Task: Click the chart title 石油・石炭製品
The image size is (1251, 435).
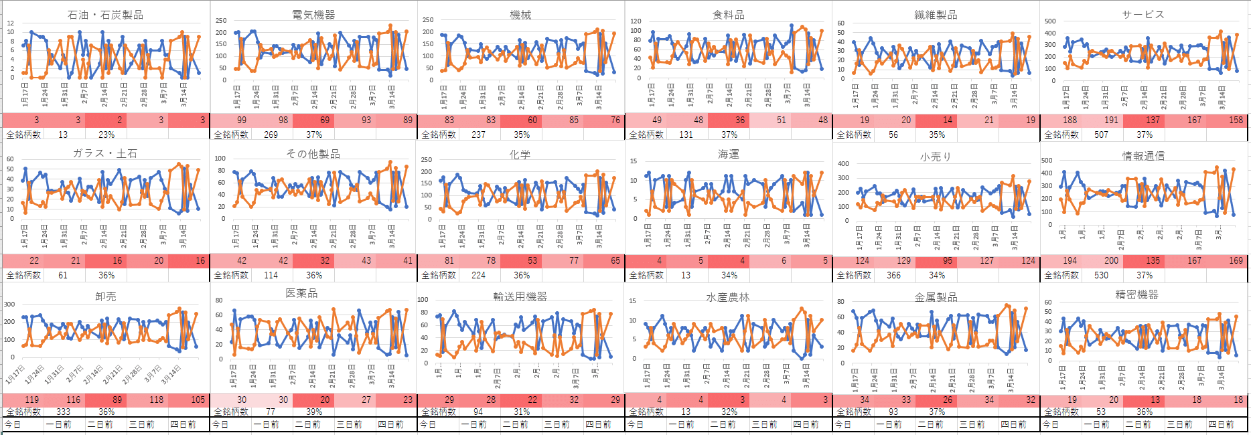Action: tap(105, 15)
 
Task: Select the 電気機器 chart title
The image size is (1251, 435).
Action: tap(313, 15)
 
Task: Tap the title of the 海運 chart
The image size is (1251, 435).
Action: tap(729, 155)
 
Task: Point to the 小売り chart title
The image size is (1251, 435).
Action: tap(936, 157)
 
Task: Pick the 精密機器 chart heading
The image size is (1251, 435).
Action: tap(1136, 294)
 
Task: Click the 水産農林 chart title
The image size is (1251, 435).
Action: tap(728, 297)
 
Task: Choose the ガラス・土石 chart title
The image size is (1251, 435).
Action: tap(105, 154)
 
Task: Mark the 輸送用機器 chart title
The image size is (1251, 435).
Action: tap(520, 296)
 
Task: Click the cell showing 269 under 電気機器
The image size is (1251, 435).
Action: tap(271, 135)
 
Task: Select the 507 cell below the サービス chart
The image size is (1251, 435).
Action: tap(1101, 135)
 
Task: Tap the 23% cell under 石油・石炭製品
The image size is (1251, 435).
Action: tap(106, 135)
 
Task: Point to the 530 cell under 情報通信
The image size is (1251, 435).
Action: tap(1101, 275)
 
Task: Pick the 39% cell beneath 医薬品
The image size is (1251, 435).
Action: tap(314, 412)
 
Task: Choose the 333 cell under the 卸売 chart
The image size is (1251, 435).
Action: tap(63, 412)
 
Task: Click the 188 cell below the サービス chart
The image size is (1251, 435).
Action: tap(1070, 120)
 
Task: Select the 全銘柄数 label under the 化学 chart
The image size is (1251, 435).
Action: tap(439, 275)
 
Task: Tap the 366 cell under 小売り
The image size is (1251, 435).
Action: tap(893, 275)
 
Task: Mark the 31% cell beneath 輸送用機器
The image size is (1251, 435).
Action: tap(522, 412)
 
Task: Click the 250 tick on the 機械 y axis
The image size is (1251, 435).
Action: tap(427, 20)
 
